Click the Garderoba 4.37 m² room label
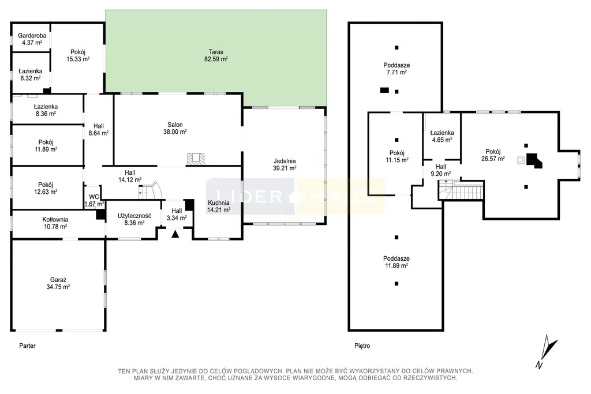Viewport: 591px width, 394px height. click(x=32, y=39)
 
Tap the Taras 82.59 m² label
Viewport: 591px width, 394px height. click(x=216, y=55)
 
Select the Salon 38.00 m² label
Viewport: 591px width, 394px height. click(x=175, y=128)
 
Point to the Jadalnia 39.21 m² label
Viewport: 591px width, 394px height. click(x=285, y=164)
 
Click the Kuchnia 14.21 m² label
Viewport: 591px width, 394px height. click(x=219, y=207)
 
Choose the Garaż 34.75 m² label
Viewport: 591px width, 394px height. click(x=58, y=283)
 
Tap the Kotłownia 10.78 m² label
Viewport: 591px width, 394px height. click(x=55, y=223)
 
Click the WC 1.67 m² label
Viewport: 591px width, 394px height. click(x=94, y=200)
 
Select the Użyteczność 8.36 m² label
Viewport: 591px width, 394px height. click(x=134, y=219)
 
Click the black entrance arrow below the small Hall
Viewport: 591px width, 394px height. click(x=175, y=234)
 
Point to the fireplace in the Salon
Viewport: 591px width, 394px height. click(x=196, y=159)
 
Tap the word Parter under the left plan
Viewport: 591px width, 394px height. click(x=27, y=346)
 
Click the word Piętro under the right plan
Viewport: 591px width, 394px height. click(x=362, y=346)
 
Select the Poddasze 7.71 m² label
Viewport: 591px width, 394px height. click(x=397, y=69)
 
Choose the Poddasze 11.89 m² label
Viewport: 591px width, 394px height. click(x=397, y=262)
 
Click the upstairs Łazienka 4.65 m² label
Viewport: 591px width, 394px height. click(x=442, y=136)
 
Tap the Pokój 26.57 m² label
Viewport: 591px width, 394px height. click(x=493, y=155)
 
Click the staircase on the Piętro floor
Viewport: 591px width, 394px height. click(x=461, y=190)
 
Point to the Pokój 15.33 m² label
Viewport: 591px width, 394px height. click(x=78, y=55)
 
